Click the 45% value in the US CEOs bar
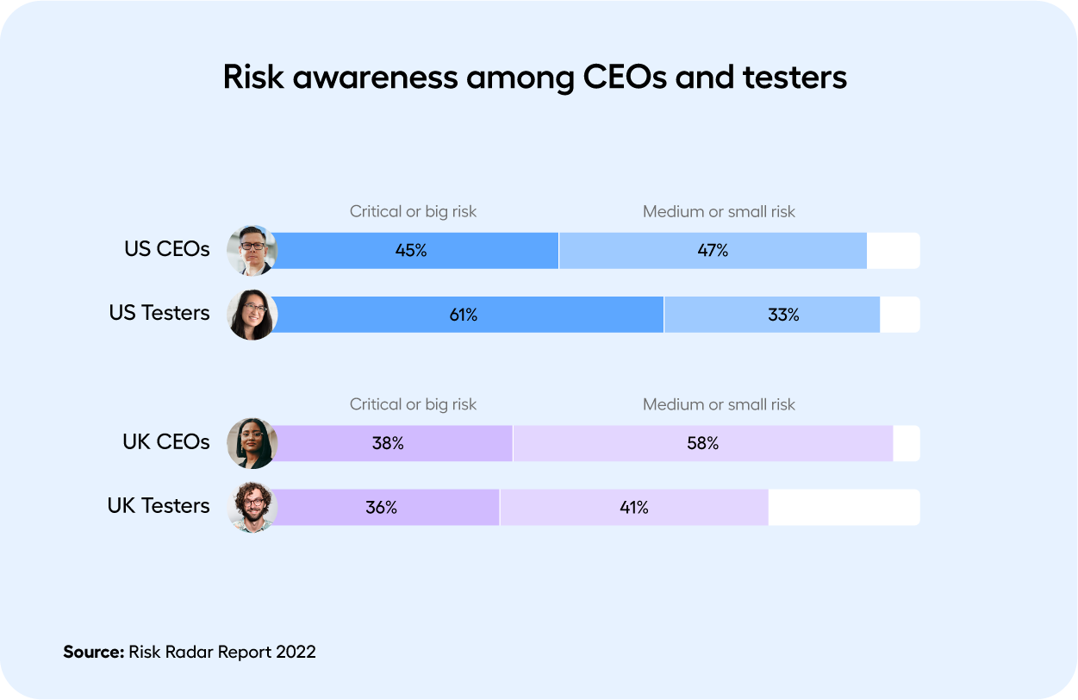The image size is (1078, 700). tap(411, 251)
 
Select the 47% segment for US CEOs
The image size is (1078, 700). tap(713, 251)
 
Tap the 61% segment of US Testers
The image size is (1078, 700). tap(463, 315)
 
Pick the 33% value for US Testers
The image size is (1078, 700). tap(783, 315)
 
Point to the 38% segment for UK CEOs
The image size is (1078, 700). tap(388, 444)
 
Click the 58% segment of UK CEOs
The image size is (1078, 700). tap(702, 444)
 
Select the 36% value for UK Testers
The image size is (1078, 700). tap(381, 508)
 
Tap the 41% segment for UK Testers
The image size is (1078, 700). tap(633, 508)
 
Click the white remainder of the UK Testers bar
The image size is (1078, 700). tap(843, 508)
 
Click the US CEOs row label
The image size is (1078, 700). tap(166, 249)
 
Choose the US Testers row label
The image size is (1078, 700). tap(159, 313)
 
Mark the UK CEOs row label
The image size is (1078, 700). tap(165, 442)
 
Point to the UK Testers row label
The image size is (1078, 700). tap(158, 506)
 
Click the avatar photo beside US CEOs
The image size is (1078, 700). tap(252, 251)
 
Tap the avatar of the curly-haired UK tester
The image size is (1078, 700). tap(252, 507)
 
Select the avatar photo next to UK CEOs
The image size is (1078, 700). tap(252, 443)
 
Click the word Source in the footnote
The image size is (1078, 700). tap(93, 652)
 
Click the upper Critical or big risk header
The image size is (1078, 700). tap(413, 211)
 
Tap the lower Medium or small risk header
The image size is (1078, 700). tap(719, 404)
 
